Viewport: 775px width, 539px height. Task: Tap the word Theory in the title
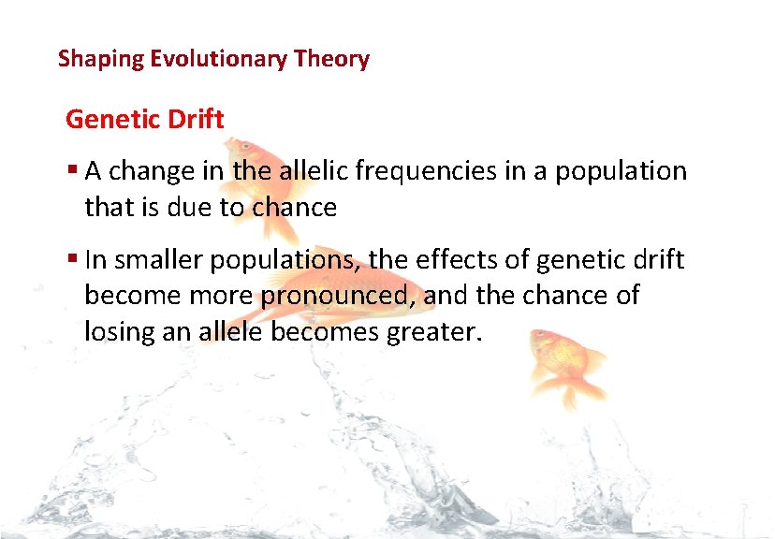pyautogui.click(x=331, y=60)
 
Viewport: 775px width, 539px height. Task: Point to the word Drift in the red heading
pyautogui.click(x=193, y=120)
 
